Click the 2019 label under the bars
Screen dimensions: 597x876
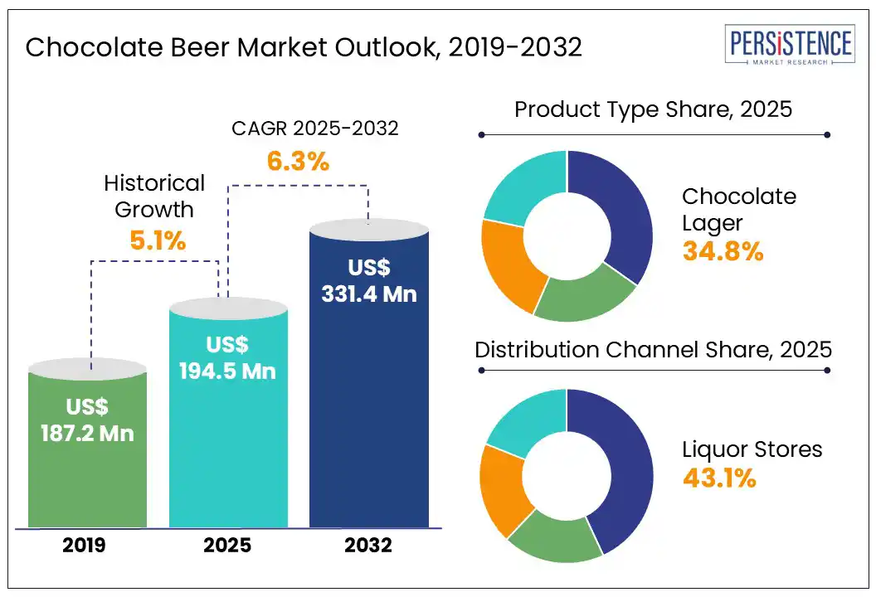point(88,546)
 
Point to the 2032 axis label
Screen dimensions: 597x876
point(369,546)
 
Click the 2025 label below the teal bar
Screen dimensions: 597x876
point(229,546)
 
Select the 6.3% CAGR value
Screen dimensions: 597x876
point(298,161)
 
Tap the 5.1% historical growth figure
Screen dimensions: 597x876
point(158,241)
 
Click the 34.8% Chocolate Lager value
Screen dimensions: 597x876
point(723,251)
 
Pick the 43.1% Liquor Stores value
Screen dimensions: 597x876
point(719,478)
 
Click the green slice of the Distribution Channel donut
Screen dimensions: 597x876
point(554,539)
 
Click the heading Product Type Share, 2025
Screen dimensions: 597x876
point(654,109)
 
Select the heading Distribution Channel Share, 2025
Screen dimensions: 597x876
point(653,349)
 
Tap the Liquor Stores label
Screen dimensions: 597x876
point(752,449)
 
